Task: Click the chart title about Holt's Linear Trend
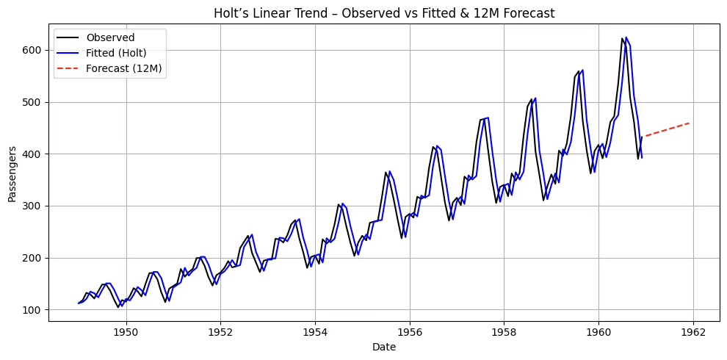[384, 13]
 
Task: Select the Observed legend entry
[95, 37]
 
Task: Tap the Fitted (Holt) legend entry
[101, 53]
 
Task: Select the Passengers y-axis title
[12, 174]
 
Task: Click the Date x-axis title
[384, 347]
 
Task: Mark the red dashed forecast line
[668, 129]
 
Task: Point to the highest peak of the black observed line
[622, 38]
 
